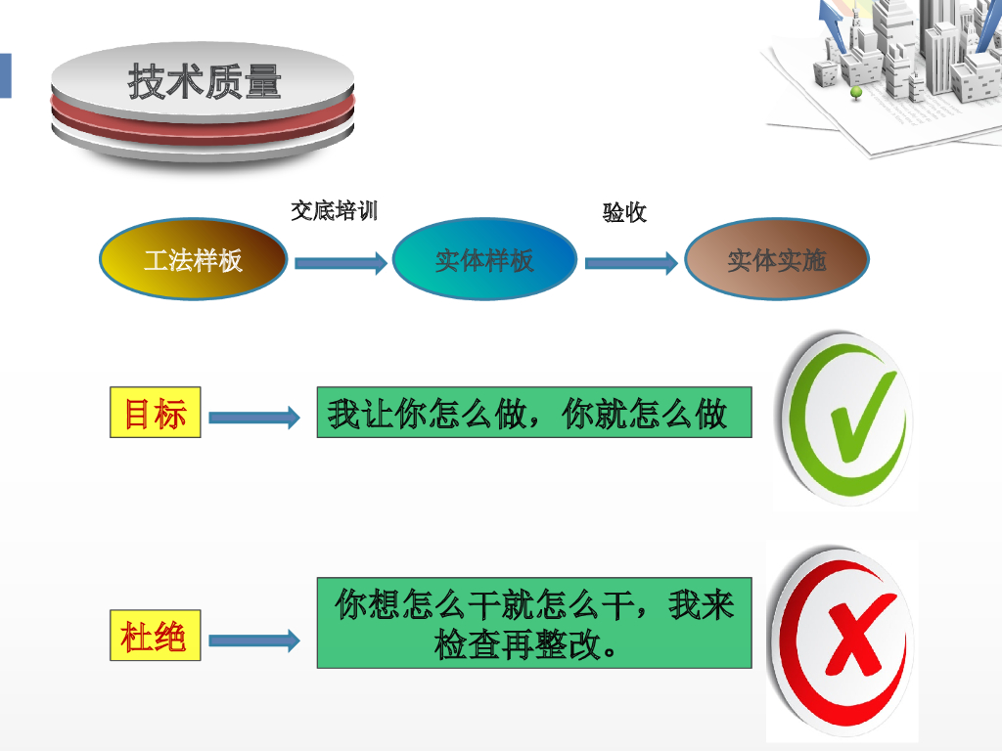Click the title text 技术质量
coord(205,82)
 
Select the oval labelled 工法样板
coord(193,260)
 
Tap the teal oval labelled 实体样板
coord(484,260)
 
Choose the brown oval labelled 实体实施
coord(776,260)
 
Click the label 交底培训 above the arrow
coord(334,210)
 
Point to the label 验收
coord(624,212)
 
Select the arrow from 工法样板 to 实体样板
coord(341,262)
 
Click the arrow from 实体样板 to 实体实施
coord(631,262)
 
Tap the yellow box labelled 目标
coord(155,412)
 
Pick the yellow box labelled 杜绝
coord(155,637)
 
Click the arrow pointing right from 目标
coord(253,418)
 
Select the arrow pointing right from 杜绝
coord(253,641)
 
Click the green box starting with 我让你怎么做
coord(533,412)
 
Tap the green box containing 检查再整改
coord(533,623)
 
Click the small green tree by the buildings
coord(856,93)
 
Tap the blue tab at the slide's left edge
coord(5,75)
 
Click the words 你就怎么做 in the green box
coord(645,414)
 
